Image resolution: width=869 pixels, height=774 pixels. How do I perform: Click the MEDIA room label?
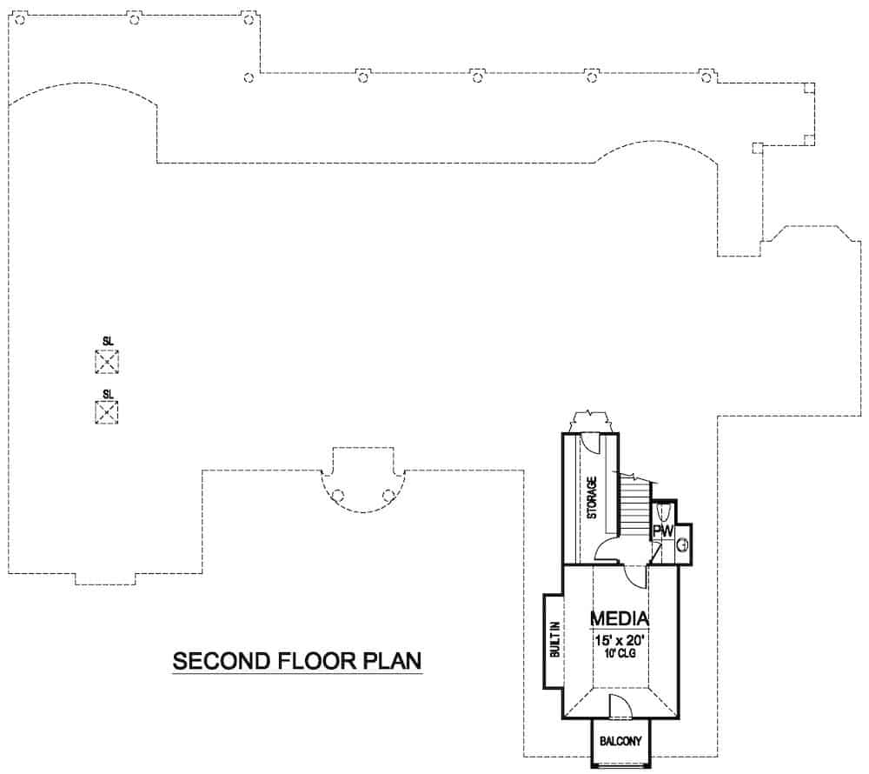[x=620, y=618]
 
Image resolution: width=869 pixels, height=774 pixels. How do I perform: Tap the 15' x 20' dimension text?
[x=620, y=639]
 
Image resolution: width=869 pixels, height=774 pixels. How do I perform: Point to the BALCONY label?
[x=620, y=742]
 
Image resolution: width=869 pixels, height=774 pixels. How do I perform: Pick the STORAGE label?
[x=591, y=497]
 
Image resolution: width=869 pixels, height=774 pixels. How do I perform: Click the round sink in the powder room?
[x=683, y=545]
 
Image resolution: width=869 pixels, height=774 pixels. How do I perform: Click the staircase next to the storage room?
[x=634, y=504]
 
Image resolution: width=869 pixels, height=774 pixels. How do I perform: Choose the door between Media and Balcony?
[x=620, y=706]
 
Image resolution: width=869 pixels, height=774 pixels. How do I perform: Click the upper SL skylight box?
[x=107, y=362]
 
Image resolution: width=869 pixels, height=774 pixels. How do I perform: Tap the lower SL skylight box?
[x=107, y=412]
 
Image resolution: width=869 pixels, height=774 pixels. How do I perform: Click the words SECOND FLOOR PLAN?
[x=297, y=661]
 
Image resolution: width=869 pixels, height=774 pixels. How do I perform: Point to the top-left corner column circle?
[x=20, y=19]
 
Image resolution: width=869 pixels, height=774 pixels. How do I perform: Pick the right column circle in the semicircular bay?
[x=388, y=496]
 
